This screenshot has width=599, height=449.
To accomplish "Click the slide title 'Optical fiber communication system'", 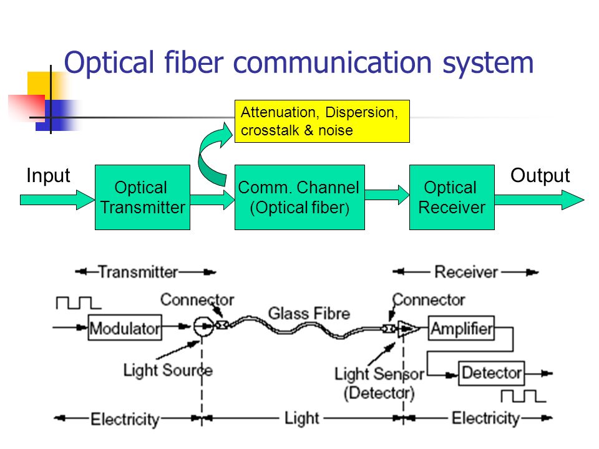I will pos(299,64).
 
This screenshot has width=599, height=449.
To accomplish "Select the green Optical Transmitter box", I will pos(142,197).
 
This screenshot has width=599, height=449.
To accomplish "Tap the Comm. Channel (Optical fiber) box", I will pos(299,197).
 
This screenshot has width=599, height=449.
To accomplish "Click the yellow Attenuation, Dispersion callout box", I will pos(321,121).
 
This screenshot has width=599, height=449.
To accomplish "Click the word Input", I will pos(48,176).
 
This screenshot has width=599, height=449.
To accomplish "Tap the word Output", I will pos(540,176).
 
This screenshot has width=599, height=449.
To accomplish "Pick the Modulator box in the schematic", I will pos(125,327).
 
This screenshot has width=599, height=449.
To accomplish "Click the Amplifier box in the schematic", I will pos(461,327).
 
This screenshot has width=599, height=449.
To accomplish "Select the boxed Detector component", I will pos(492,373).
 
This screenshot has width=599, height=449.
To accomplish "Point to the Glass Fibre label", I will pos(309,312).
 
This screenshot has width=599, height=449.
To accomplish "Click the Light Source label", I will pos(168,370).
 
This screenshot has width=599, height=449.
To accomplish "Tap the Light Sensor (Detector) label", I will pos(379,383).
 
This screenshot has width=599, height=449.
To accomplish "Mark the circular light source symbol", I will pos(202,326).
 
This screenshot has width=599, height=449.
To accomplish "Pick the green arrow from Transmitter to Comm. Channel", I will pos(212,200).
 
